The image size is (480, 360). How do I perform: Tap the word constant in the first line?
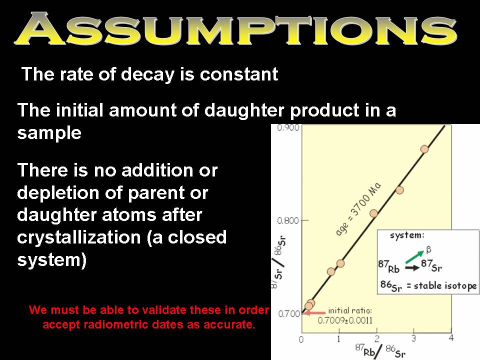[x=239, y=74]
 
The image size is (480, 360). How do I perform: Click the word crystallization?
[x=79, y=237]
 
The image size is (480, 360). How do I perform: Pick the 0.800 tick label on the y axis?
[x=288, y=220]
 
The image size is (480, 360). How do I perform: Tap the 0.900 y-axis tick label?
[x=288, y=127]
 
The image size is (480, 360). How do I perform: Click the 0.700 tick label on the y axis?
[x=288, y=314]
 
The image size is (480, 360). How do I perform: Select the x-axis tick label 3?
[x=413, y=338]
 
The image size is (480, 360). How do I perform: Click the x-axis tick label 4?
[x=451, y=338]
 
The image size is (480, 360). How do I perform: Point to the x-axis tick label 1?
[x=339, y=339]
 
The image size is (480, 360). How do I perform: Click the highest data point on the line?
[x=424, y=149]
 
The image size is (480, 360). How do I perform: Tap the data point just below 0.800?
[x=373, y=213]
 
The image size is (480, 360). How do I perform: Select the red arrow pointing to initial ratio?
[x=315, y=313]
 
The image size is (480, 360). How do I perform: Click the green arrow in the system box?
[x=415, y=256]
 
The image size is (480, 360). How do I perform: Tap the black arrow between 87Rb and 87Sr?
[x=412, y=268]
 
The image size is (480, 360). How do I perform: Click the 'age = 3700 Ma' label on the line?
[x=358, y=209]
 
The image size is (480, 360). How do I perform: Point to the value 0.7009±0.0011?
[x=345, y=320]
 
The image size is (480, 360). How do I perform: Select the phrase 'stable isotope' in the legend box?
[x=445, y=286]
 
